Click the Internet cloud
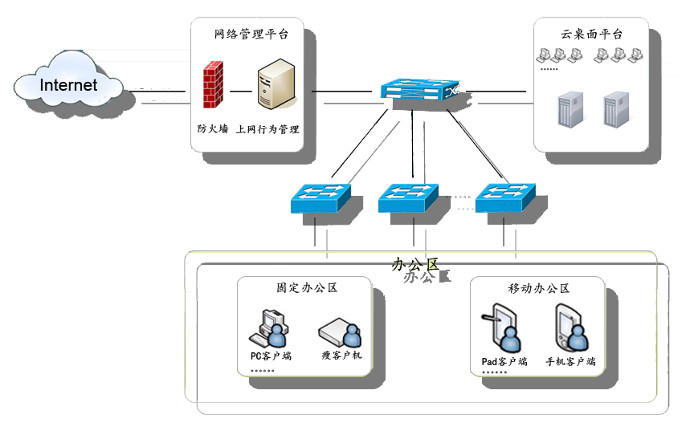pos(68,83)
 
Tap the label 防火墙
pos(212,128)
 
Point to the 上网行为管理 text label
pos(267,128)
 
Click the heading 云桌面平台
pos(591,35)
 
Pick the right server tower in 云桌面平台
pos(615,110)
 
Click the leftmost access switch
pos(321,197)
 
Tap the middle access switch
pos(408,197)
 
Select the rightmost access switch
pos(505,197)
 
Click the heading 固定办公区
pos(306,287)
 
